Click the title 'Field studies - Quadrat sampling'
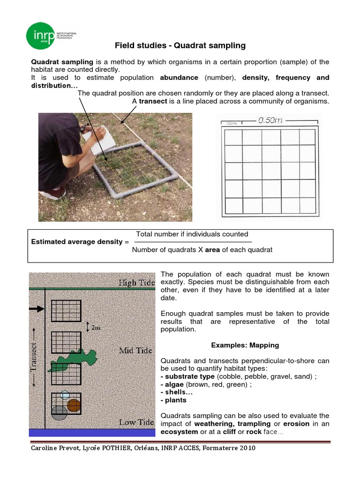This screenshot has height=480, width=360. pos(180,45)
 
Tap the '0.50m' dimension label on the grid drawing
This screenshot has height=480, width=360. pos(270,120)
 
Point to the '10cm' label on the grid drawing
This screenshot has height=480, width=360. pos(231,123)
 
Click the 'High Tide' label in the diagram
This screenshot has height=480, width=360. pos(134,282)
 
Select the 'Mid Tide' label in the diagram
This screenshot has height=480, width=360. pos(136,350)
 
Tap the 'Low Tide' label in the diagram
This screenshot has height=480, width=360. pos(136,422)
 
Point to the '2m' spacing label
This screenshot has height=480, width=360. pos(96,327)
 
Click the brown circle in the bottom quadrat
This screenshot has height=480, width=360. pos(74,405)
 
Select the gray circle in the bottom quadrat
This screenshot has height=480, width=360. pos(60,412)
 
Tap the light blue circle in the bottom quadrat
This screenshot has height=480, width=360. pos(65,395)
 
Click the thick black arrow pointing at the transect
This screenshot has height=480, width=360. pos(36,308)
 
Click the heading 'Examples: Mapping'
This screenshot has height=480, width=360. pos(245,345)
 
